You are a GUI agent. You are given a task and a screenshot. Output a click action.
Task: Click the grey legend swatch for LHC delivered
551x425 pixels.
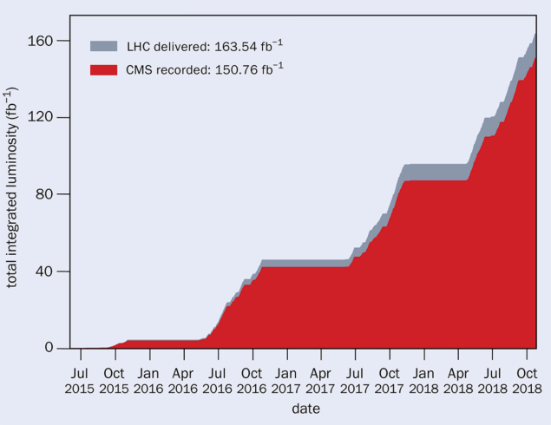103,45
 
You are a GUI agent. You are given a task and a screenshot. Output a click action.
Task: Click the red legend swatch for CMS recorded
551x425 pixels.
103,68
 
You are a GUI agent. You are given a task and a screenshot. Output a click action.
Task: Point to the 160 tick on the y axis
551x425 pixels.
45,41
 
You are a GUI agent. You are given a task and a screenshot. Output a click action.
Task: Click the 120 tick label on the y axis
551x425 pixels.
45,117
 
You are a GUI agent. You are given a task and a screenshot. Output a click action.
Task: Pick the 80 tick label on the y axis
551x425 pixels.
49,194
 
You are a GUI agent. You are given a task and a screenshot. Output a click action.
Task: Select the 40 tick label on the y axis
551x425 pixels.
49,271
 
